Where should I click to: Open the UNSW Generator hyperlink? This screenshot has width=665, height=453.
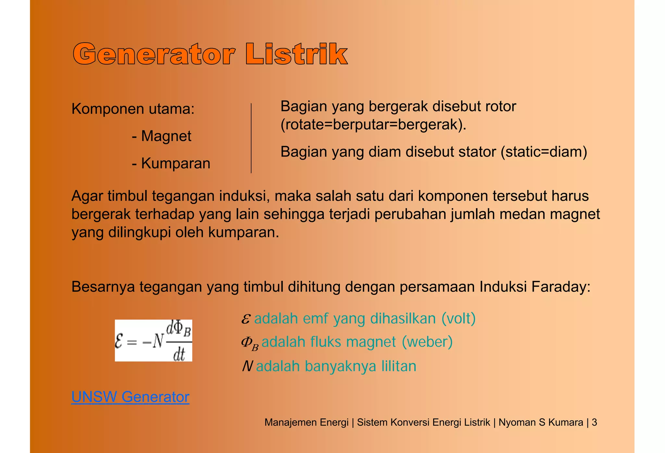130,397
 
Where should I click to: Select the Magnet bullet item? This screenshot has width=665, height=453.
166,136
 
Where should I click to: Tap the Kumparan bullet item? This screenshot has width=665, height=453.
175,163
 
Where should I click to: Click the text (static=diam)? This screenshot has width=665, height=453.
544,152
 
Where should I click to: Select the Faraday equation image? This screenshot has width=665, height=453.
153,340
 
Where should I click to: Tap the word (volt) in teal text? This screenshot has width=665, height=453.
458,319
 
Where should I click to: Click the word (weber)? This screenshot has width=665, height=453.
427,342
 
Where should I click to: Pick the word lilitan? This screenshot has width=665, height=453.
399,366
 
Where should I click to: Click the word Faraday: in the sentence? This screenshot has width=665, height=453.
561,287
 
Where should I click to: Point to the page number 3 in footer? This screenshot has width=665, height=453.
594,422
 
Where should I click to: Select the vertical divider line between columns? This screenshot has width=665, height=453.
251,138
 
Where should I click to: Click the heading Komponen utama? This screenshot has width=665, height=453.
133,109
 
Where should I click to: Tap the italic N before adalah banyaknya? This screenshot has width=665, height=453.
247,366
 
